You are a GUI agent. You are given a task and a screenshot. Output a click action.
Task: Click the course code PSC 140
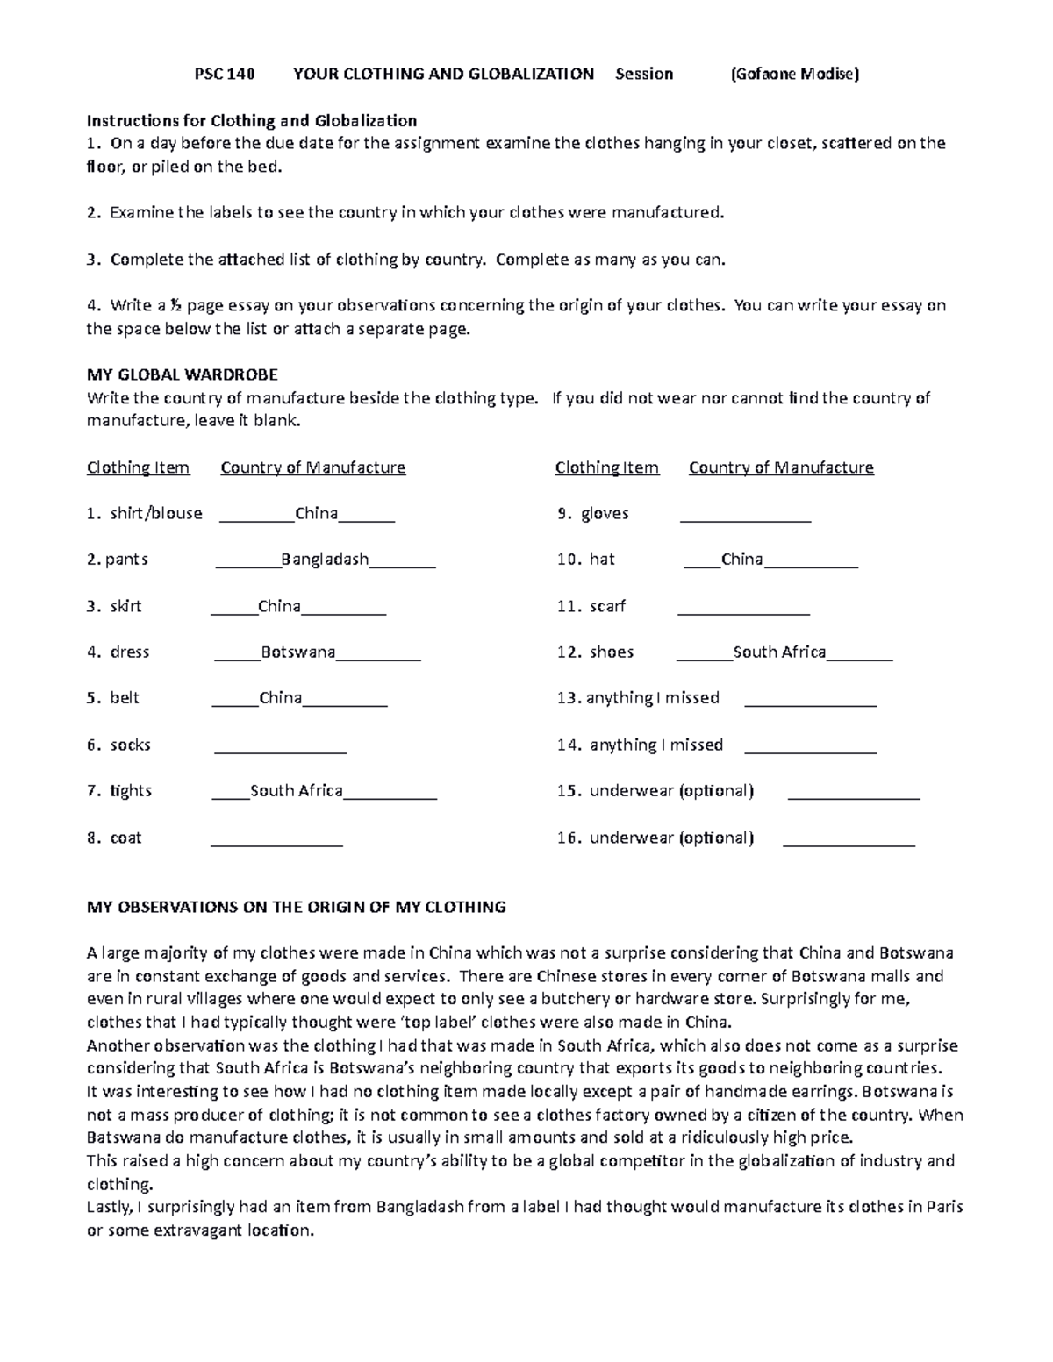224,74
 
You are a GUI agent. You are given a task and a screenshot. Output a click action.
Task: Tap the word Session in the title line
644,74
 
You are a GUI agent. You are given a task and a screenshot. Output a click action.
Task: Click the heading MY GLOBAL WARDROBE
183,374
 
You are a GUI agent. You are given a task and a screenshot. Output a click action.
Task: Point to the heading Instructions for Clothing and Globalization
252,120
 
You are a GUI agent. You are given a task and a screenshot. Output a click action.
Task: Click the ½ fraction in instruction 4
175,306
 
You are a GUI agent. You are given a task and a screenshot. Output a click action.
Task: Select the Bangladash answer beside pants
325,560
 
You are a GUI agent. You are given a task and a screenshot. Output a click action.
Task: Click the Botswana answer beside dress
298,652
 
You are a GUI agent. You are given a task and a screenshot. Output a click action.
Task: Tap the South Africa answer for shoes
779,652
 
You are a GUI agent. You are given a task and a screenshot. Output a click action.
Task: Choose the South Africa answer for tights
297,791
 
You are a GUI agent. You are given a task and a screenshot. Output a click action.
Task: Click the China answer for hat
741,560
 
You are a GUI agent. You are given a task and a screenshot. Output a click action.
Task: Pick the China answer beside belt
281,699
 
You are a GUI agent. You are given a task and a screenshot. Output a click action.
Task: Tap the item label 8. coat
114,838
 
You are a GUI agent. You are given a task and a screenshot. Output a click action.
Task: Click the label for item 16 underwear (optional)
655,838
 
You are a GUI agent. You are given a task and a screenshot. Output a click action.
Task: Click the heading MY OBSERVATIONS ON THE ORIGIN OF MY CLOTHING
297,907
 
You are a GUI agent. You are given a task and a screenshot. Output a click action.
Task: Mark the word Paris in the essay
944,1207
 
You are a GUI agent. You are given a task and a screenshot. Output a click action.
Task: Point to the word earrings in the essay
824,1092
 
